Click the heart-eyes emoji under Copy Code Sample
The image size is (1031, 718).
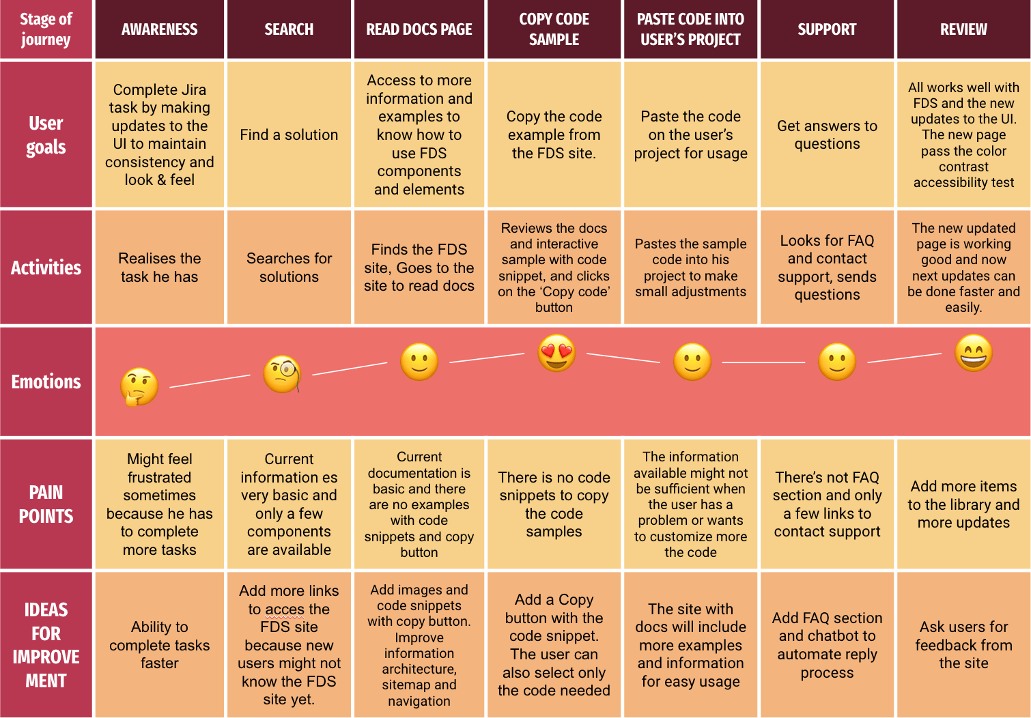tap(556, 354)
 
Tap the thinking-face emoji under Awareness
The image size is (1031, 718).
tap(139, 386)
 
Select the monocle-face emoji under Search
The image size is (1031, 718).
tap(282, 374)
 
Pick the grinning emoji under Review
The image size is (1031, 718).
tap(973, 353)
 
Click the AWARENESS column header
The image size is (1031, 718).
tap(159, 29)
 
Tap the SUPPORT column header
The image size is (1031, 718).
tap(827, 29)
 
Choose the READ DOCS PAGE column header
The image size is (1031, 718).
tap(419, 29)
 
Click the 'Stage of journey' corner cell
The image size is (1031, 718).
tap(46, 29)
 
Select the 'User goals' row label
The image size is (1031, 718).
tap(46, 134)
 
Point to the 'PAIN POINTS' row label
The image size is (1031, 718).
tap(46, 504)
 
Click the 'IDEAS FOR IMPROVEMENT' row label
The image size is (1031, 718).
tap(46, 644)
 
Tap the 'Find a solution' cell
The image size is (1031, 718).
tap(289, 134)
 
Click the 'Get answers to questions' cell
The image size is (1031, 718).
tap(827, 134)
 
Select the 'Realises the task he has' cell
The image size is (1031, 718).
tap(159, 268)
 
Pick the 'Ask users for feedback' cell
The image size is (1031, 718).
tap(963, 644)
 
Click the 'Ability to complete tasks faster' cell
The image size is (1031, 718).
tap(159, 644)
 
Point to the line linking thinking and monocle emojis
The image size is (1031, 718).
tap(210, 381)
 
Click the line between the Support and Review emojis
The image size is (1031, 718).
tap(904, 358)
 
